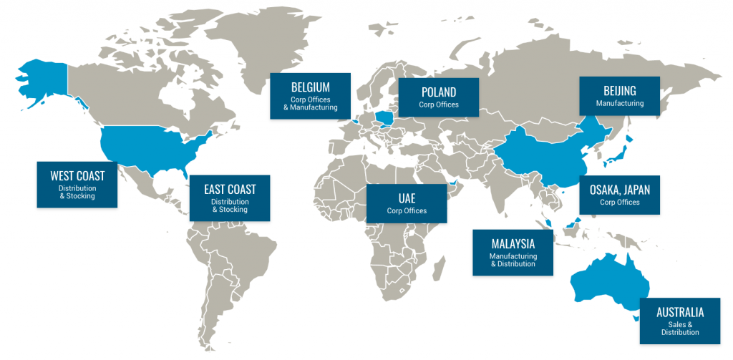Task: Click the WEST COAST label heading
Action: tap(77, 176)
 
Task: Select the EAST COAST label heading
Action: tap(230, 190)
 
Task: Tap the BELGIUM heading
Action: tap(310, 87)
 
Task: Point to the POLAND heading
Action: tap(438, 92)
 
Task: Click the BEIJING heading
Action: tap(619, 91)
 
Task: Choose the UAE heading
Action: tap(407, 197)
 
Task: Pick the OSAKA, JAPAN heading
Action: tap(619, 190)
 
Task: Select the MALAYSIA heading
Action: tap(513, 243)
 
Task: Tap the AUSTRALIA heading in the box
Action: tap(680, 312)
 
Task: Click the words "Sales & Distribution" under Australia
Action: tap(680, 328)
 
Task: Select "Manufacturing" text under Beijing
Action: tap(619, 104)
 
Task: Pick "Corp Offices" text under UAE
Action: tap(407, 210)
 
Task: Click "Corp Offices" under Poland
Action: tap(438, 105)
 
